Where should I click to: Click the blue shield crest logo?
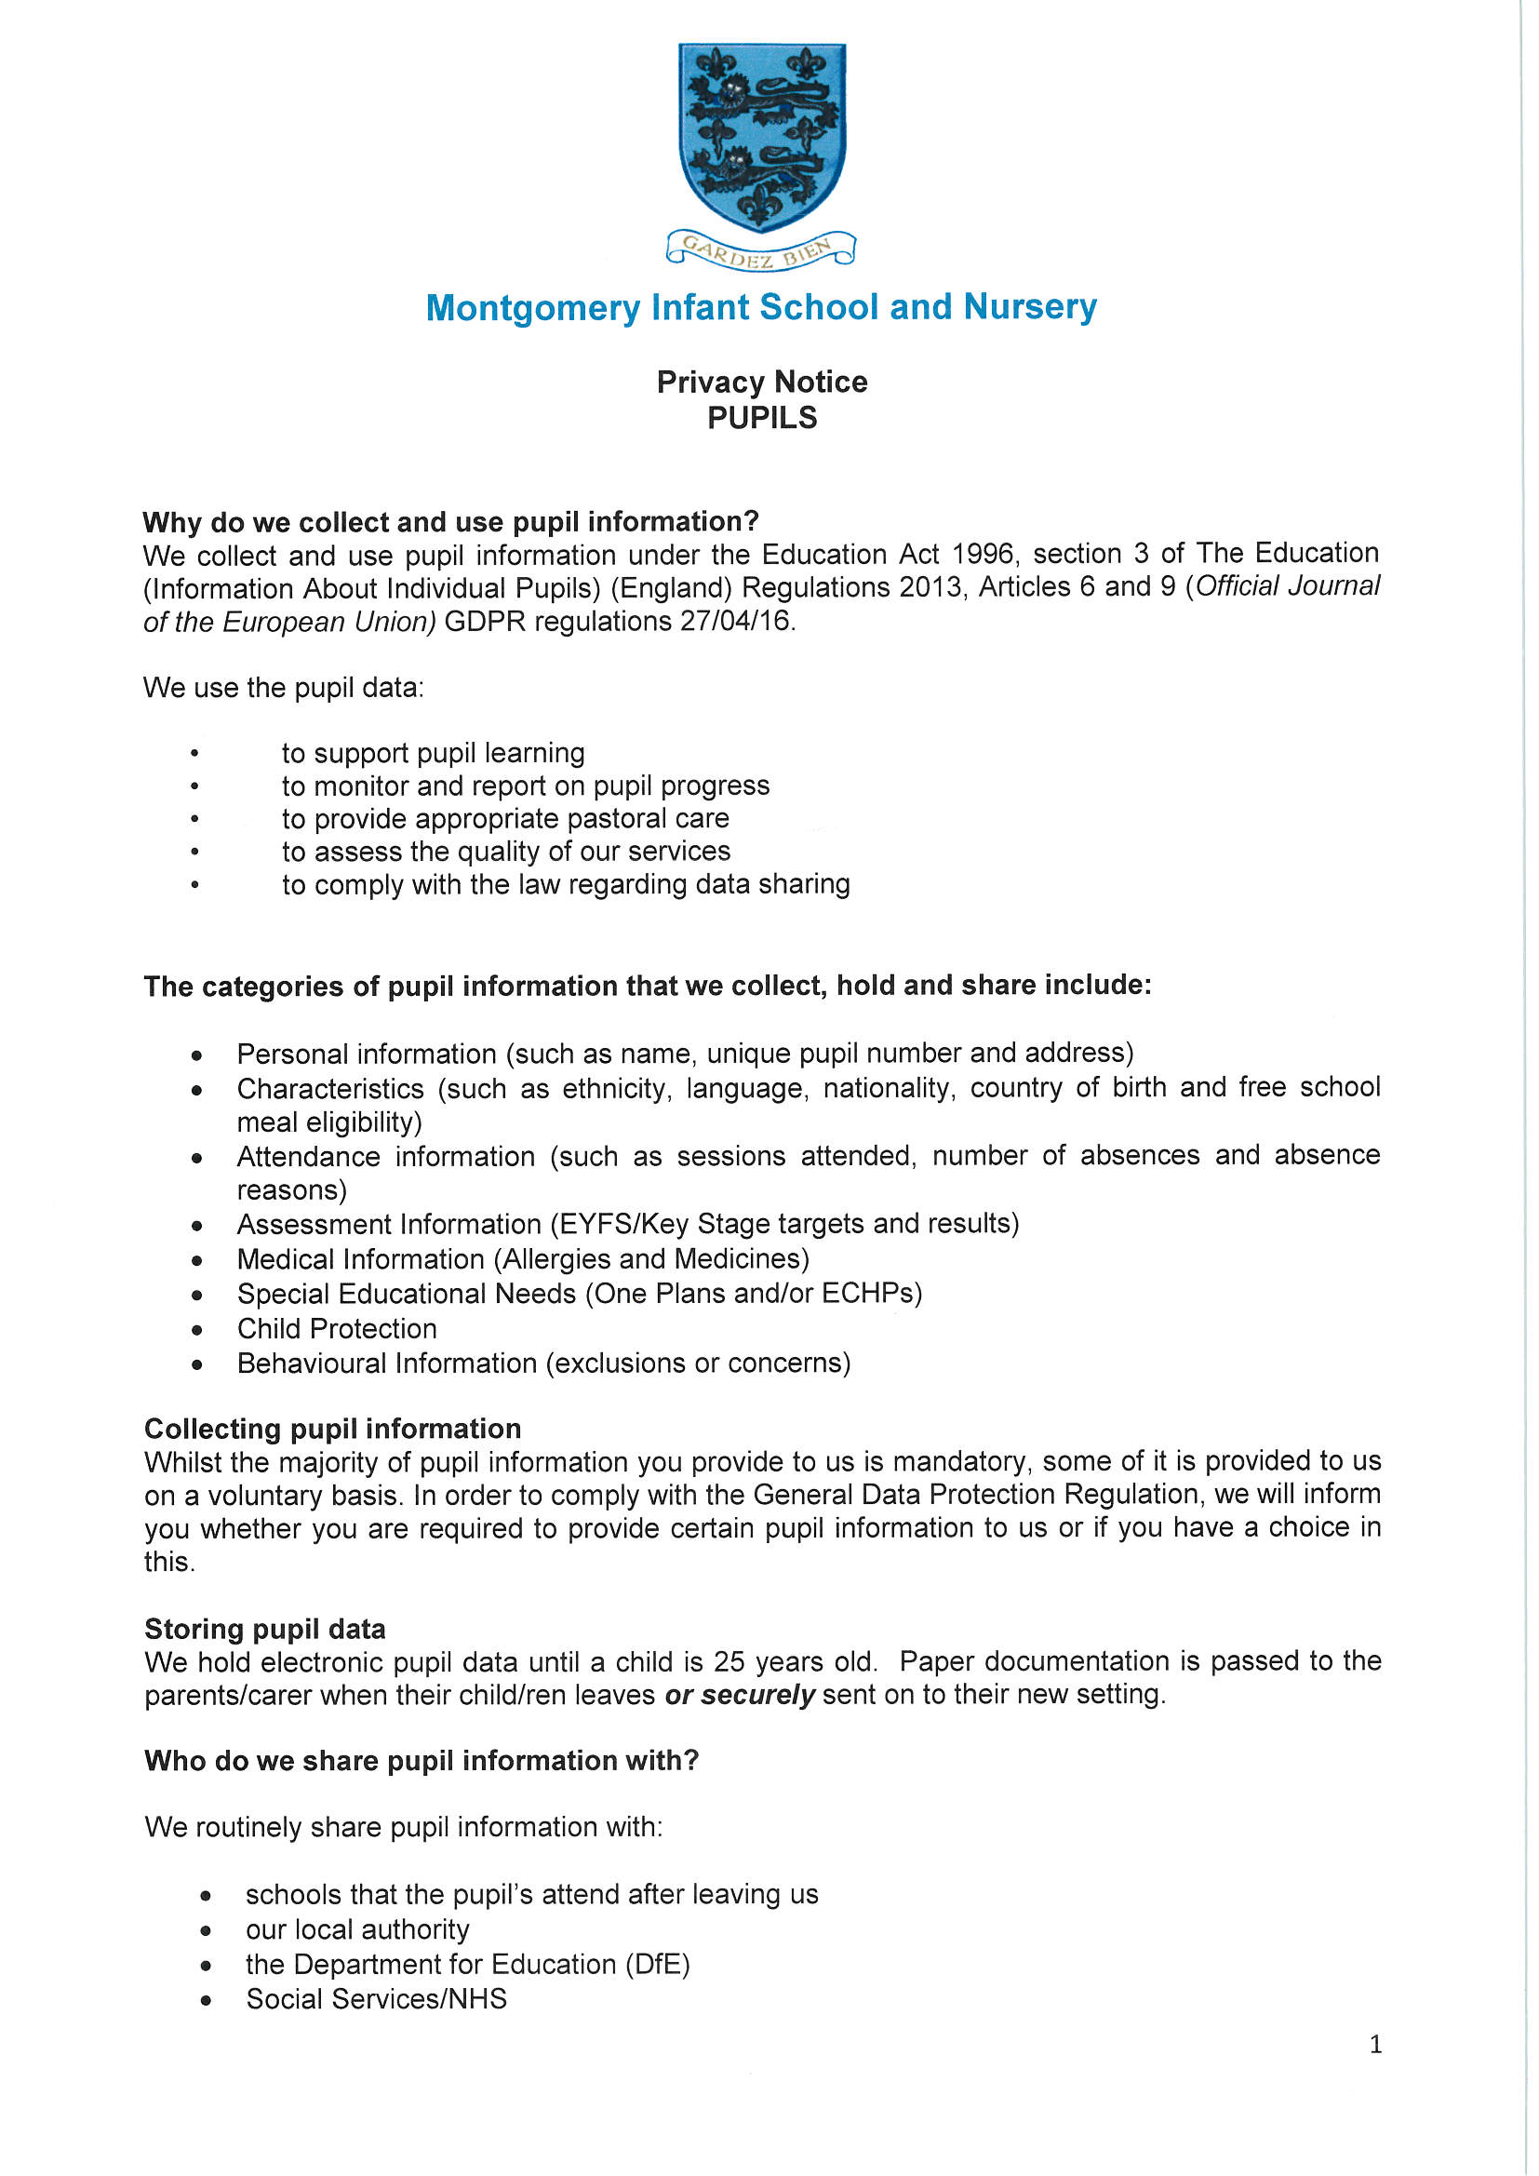pyautogui.click(x=762, y=136)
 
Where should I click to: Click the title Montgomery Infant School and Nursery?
pyautogui.click(x=761, y=307)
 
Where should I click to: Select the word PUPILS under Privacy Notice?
pyautogui.click(x=762, y=418)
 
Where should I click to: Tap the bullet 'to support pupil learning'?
pyautogui.click(x=433, y=754)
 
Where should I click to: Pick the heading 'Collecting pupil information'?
pyautogui.click(x=332, y=1429)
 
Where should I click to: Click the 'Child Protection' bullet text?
pyautogui.click(x=337, y=1329)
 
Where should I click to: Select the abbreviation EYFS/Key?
pyautogui.click(x=623, y=1225)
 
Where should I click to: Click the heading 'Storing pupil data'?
pyautogui.click(x=265, y=1629)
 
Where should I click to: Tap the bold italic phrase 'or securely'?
pyautogui.click(x=739, y=1695)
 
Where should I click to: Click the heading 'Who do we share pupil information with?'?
pyautogui.click(x=422, y=1761)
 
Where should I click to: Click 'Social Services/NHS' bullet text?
pyautogui.click(x=376, y=2000)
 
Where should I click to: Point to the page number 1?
pyautogui.click(x=1375, y=2045)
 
